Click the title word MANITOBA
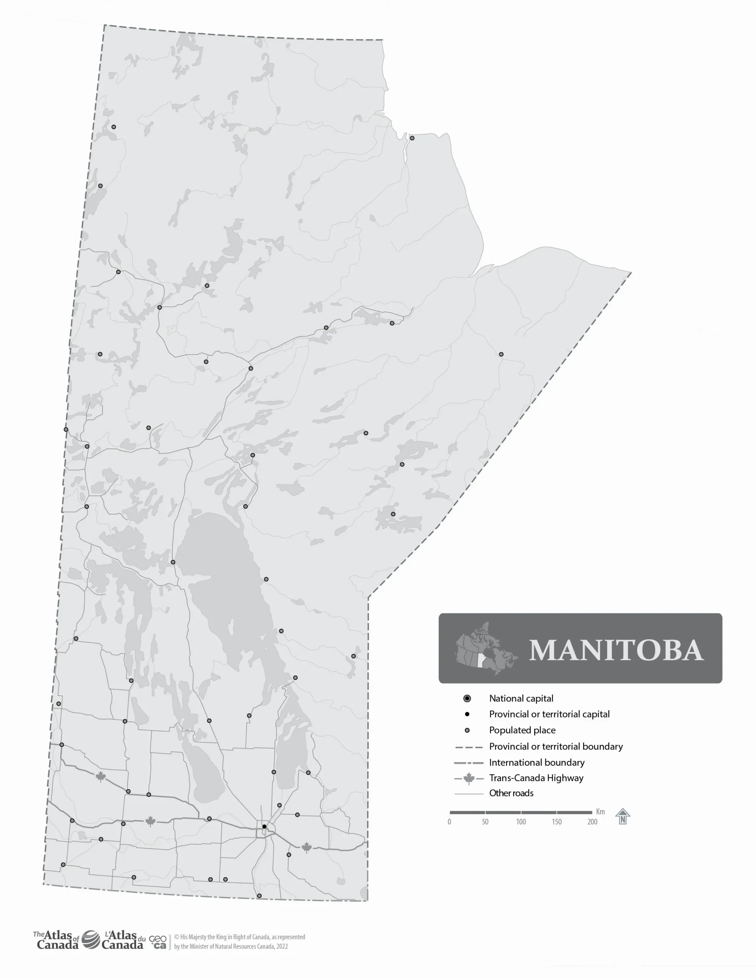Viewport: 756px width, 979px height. coord(616,650)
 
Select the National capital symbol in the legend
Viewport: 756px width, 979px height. coord(467,698)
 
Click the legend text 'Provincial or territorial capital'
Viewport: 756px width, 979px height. coord(549,714)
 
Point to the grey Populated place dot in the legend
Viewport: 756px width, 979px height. coord(467,730)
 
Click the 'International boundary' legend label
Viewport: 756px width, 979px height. coord(536,763)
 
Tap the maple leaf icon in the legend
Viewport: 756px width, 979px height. coord(469,779)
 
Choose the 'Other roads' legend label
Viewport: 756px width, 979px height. coord(511,793)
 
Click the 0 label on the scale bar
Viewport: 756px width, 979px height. coord(449,822)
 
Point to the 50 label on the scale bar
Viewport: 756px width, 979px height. coord(485,822)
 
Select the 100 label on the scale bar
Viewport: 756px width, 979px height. coord(521,822)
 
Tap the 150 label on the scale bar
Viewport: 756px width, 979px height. coord(556,822)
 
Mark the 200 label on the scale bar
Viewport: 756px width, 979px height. coord(592,822)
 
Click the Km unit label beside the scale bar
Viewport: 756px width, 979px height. coord(600,812)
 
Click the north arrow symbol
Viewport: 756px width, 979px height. coord(623,816)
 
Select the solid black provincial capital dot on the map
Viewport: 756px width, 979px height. coord(264,826)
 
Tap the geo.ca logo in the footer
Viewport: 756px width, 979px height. coord(158,942)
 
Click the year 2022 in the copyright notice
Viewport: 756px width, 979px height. coord(282,946)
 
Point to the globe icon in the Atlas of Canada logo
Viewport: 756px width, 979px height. coord(91,940)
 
